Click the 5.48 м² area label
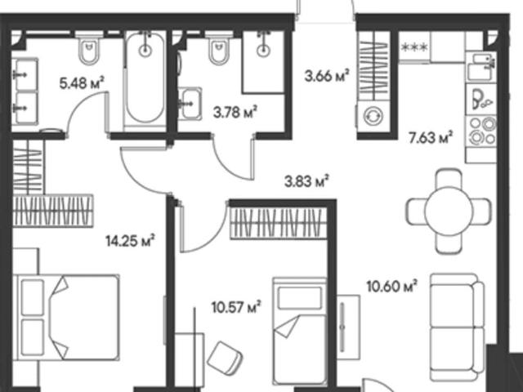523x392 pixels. [x=82, y=83]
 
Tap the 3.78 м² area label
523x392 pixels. [x=235, y=113]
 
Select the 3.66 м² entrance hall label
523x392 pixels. [x=327, y=76]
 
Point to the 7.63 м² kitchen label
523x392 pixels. [x=431, y=137]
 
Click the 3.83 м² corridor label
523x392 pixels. [x=307, y=181]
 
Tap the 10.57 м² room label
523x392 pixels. [x=236, y=307]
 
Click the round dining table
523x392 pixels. [x=449, y=211]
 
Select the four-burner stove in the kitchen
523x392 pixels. [x=482, y=131]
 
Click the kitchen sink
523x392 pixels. [x=481, y=67]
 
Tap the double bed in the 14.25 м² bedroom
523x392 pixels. [x=67, y=318]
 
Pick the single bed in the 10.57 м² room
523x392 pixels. [x=300, y=332]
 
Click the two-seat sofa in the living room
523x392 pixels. [x=457, y=327]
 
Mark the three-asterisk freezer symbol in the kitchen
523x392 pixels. [x=414, y=47]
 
